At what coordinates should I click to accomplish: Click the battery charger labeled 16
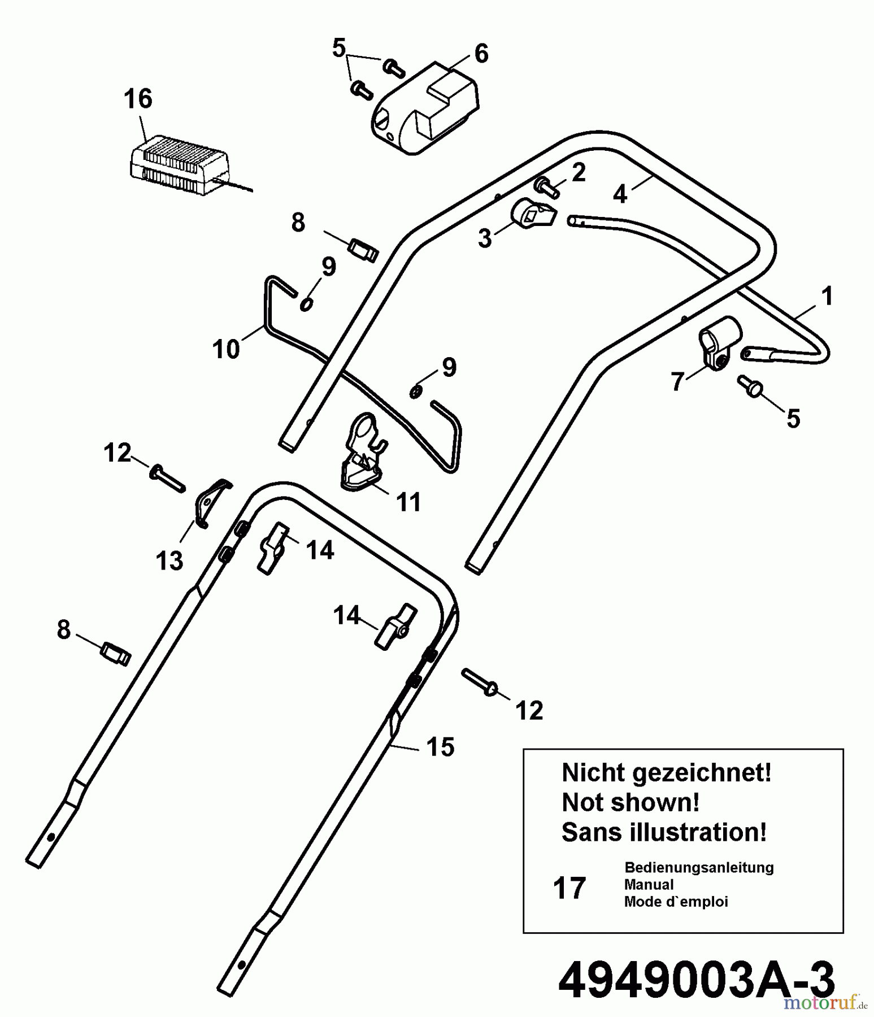point(180,166)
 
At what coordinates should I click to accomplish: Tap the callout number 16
point(138,99)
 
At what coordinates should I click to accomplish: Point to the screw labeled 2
point(546,187)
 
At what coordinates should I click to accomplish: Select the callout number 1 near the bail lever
point(827,296)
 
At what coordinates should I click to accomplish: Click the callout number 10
point(226,349)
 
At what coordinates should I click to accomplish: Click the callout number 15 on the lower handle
point(440,747)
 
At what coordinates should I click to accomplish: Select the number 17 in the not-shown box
point(569,888)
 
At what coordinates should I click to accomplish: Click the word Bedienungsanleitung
point(699,867)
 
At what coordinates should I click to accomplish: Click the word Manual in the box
point(649,885)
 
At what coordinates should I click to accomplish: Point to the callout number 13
point(169,560)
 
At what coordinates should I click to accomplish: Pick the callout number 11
point(408,502)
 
